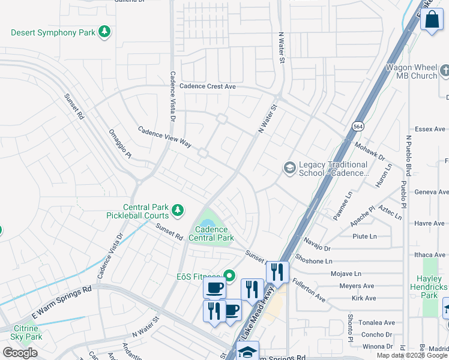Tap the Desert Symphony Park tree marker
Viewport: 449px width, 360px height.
[105, 31]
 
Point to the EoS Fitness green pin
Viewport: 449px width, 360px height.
[229, 276]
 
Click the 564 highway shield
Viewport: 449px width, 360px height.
[357, 127]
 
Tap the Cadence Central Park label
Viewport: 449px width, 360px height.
[211, 233]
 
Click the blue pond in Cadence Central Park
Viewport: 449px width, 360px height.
[203, 223]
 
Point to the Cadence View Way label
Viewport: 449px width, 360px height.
[164, 137]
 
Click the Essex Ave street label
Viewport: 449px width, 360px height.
[431, 129]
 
